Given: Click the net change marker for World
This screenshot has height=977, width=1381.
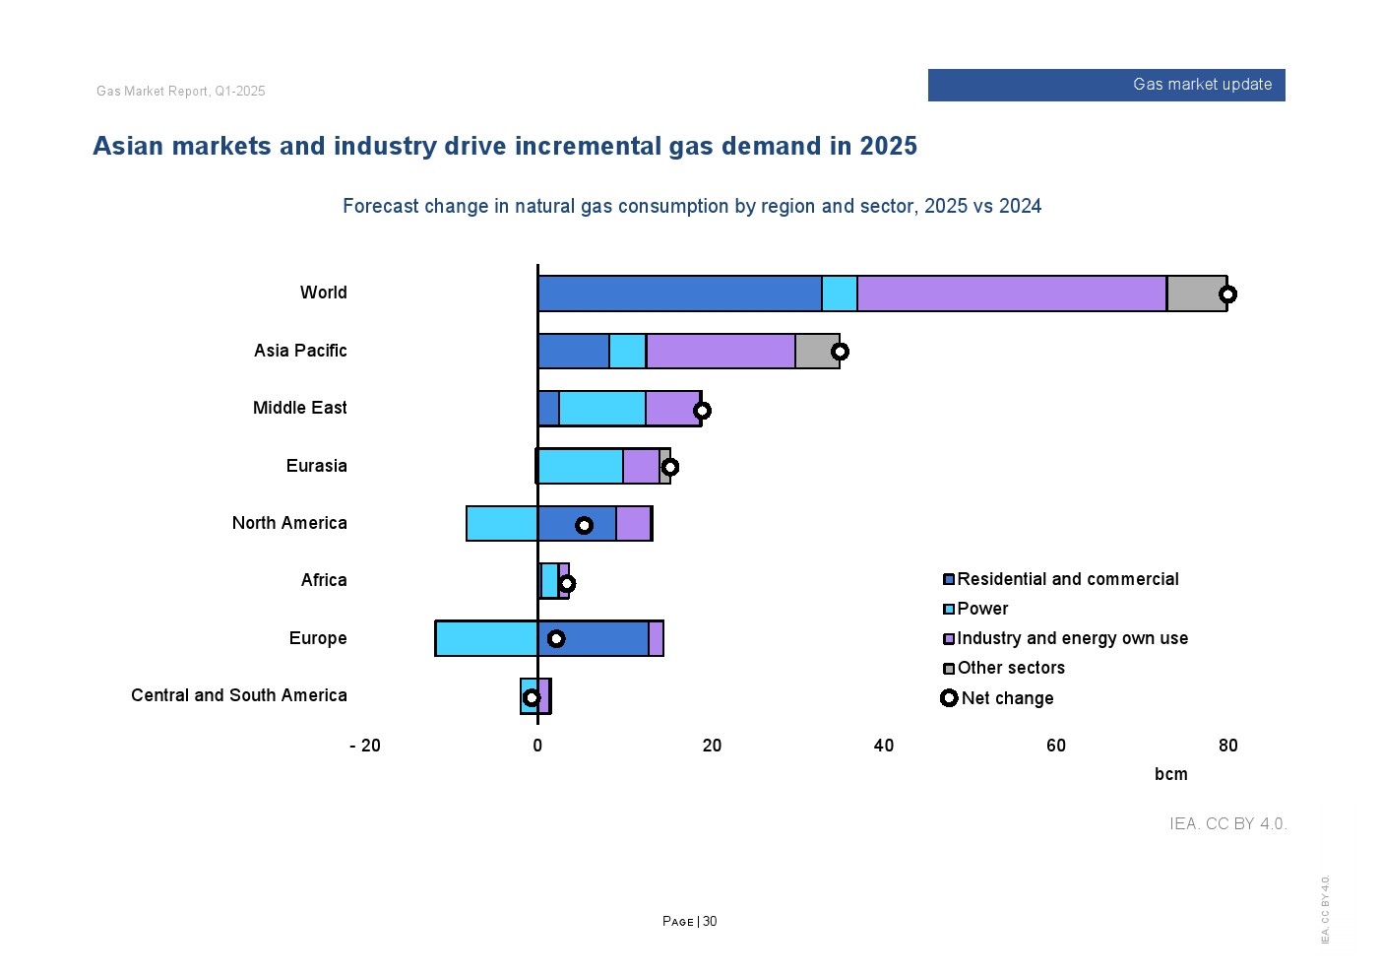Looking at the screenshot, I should pyautogui.click(x=1227, y=294).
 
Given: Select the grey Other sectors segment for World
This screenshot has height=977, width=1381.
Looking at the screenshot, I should pyautogui.click(x=1196, y=294).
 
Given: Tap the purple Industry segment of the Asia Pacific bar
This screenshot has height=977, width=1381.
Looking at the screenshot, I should pyautogui.click(x=721, y=352).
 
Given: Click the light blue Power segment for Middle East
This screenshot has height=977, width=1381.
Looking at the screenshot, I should pyautogui.click(x=602, y=409).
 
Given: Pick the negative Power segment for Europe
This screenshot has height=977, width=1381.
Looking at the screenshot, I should pyautogui.click(x=486, y=638).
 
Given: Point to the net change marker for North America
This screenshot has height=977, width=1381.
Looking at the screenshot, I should pyautogui.click(x=584, y=525).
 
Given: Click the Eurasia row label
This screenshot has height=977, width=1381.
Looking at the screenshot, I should pyautogui.click(x=316, y=466).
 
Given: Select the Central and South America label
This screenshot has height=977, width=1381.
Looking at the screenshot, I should pyautogui.click(x=238, y=695).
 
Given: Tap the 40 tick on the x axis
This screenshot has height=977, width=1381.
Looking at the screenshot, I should pyautogui.click(x=884, y=746).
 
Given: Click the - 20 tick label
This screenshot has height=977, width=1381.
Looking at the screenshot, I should pyautogui.click(x=365, y=746).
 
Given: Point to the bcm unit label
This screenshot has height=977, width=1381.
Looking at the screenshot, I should pyautogui.click(x=1170, y=774).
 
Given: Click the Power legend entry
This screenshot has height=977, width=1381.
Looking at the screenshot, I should pyautogui.click(x=982, y=609).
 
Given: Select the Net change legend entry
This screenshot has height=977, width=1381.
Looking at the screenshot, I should pyautogui.click(x=1006, y=698).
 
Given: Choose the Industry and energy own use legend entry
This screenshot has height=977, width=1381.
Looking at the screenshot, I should pyautogui.click(x=1072, y=638).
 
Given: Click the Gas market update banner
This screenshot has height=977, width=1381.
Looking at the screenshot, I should pyautogui.click(x=1106, y=85).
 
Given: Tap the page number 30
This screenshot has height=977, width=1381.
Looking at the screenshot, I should pyautogui.click(x=710, y=922).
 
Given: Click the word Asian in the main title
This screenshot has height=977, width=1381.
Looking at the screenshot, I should pyautogui.click(x=128, y=147).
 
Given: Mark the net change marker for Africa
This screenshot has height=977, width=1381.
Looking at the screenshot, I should pyautogui.click(x=566, y=583).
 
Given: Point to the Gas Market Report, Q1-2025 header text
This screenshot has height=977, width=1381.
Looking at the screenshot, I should pyautogui.click(x=181, y=92).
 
